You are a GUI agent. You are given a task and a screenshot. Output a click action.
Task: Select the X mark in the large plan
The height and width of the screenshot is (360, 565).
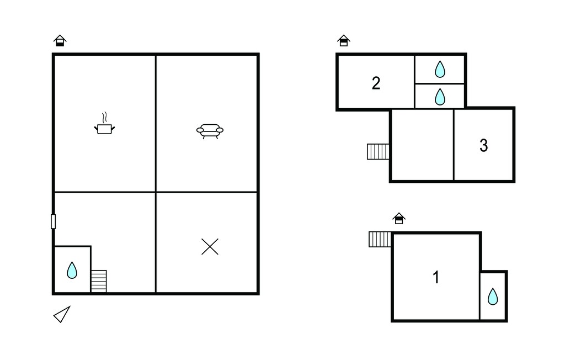pos(210,247)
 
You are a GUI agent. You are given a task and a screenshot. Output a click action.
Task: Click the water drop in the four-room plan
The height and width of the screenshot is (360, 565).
pos(72,270)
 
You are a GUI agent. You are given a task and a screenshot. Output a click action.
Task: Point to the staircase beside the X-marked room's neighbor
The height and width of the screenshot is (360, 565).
pos(99,281)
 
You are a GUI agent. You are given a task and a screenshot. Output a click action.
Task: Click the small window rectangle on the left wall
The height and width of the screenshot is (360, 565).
pos(54,221)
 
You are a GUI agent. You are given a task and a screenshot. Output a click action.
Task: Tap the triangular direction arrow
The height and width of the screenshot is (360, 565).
pos(62,315)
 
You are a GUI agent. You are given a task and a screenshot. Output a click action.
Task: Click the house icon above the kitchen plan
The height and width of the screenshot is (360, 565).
pos(60,40)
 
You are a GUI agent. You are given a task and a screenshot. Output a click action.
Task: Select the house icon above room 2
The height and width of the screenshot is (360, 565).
pos(344,40)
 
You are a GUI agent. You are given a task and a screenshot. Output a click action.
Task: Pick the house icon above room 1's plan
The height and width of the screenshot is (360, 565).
pos(399,218)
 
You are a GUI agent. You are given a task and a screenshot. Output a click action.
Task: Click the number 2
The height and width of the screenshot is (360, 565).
pos(376,83)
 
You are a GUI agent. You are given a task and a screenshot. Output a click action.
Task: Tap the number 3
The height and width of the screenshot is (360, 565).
pos(483,145)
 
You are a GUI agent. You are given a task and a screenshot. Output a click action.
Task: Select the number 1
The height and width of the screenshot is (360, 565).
pos(436,277)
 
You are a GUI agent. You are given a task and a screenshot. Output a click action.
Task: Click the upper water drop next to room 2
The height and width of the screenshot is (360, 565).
pos(440,69)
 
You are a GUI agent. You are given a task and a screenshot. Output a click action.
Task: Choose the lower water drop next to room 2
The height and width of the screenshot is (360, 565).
pos(440,97)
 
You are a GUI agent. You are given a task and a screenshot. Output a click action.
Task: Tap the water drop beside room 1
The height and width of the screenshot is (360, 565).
pos(493,297)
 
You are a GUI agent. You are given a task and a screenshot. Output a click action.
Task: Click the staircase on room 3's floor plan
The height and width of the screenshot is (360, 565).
pos(379,151)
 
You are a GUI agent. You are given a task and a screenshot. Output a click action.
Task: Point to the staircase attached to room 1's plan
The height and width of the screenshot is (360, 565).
pos(380,240)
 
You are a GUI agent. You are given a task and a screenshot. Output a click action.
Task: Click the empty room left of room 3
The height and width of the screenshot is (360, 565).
pos(422,145)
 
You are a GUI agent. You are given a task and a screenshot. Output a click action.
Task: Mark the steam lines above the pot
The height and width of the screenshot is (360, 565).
pos(104,118)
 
